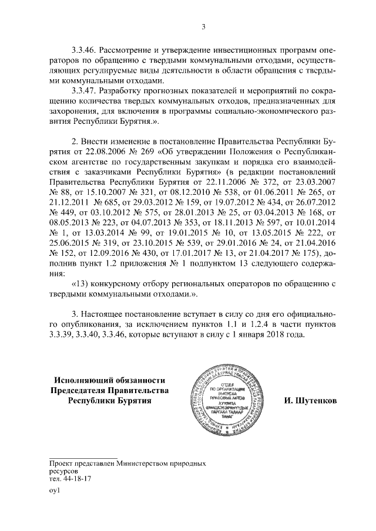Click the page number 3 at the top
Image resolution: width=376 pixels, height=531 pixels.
coord(203,26)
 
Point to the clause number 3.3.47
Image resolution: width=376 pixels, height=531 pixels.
coord(83,92)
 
